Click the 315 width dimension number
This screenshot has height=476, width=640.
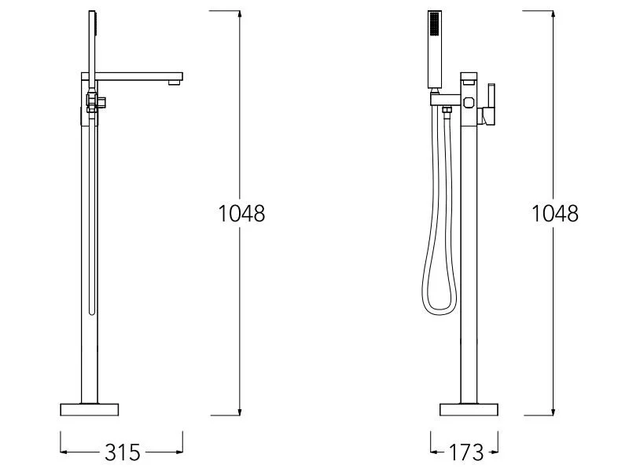(x=122, y=452)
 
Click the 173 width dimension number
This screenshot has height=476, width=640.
(x=465, y=452)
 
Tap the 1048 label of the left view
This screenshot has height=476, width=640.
(x=241, y=214)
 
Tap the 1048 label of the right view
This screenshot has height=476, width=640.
(x=555, y=214)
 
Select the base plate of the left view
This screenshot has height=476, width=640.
(x=90, y=409)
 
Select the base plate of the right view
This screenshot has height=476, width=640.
(x=469, y=409)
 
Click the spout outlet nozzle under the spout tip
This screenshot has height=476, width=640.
(x=175, y=82)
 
